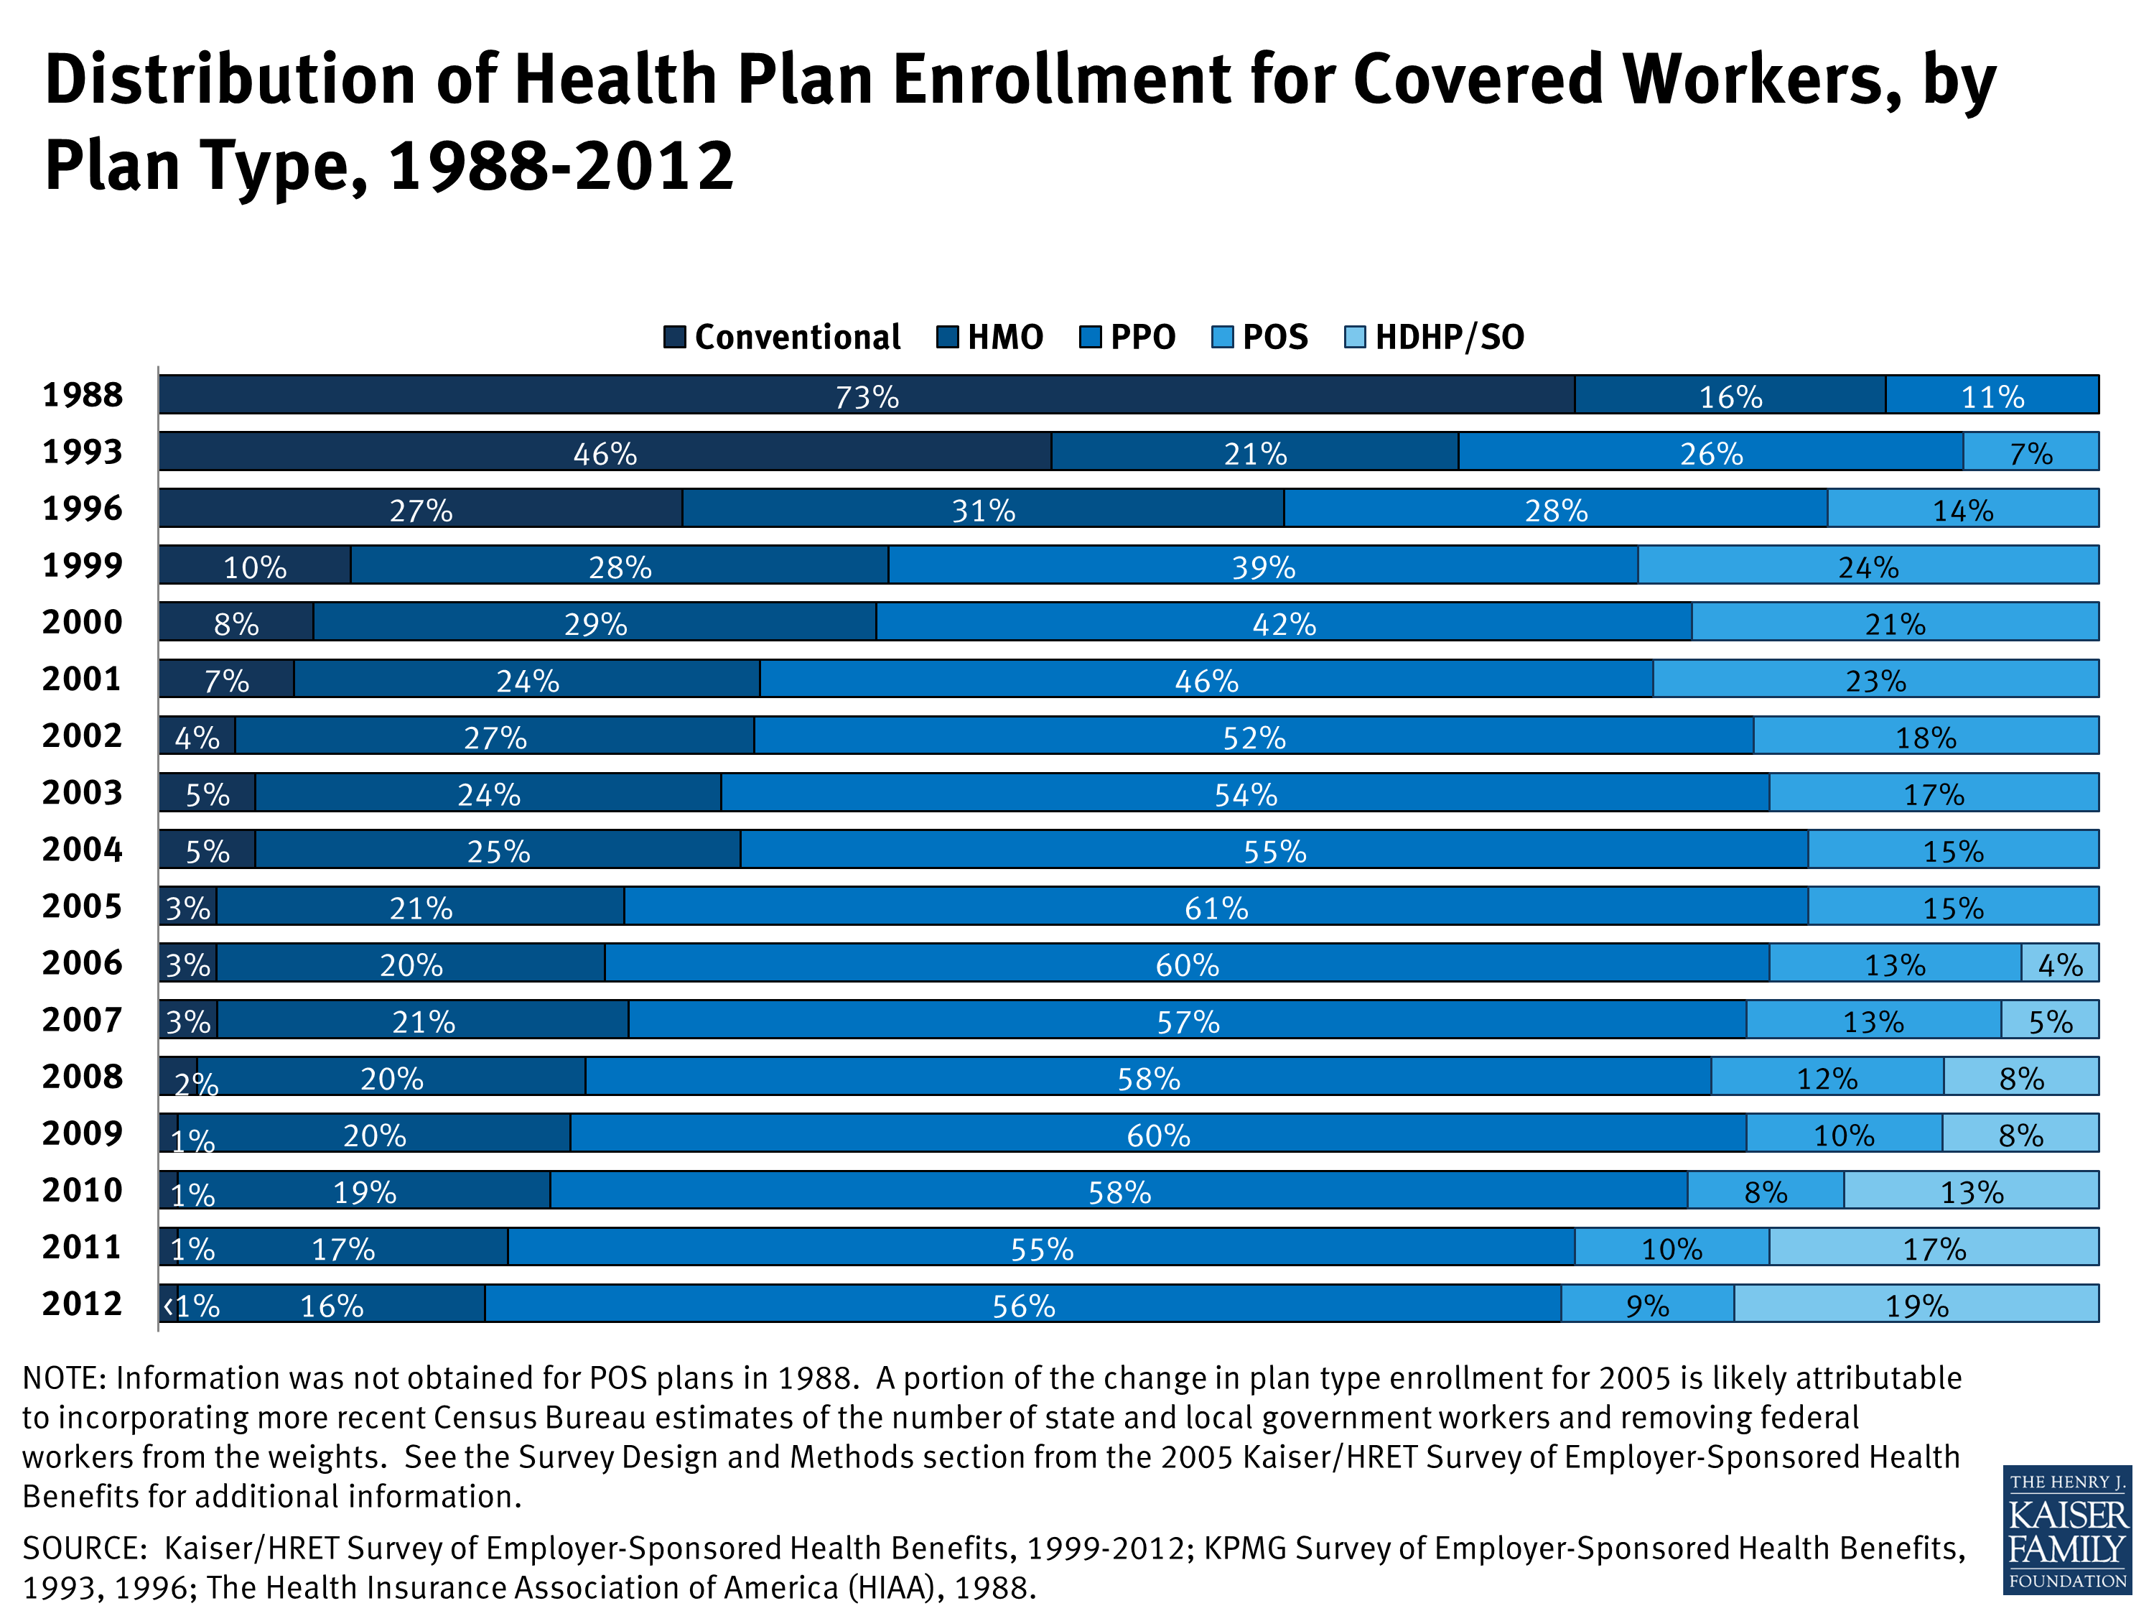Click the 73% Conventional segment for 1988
click(x=867, y=394)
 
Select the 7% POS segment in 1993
click(x=2031, y=452)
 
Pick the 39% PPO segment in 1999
click(x=1262, y=565)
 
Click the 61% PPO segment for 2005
click(x=1216, y=906)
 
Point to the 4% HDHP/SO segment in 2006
click(x=2059, y=963)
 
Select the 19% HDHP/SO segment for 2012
click(x=1916, y=1304)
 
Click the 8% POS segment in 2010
click(x=1765, y=1190)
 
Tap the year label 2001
click(x=82, y=679)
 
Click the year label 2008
click(x=82, y=1077)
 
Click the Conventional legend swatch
click(x=674, y=337)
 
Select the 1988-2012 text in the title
click(x=560, y=166)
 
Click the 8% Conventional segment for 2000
click(x=236, y=623)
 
